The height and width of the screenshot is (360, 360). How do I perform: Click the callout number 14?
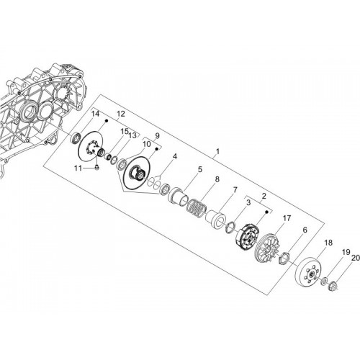[x=95, y=114]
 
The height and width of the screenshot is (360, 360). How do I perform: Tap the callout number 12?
[x=121, y=114]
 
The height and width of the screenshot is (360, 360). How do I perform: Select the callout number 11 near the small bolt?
[x=78, y=168]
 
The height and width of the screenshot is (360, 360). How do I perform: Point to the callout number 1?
[x=217, y=152]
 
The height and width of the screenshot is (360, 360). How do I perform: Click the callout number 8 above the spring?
[x=217, y=179]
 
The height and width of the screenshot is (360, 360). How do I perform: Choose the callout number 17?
[x=287, y=218]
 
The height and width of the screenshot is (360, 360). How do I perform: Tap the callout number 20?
[x=356, y=258]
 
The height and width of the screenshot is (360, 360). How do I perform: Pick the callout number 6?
[x=305, y=230]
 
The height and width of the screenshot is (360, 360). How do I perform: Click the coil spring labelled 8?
[x=196, y=207]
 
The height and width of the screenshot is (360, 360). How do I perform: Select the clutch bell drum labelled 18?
[x=306, y=271]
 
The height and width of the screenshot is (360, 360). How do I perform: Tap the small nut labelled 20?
[x=334, y=285]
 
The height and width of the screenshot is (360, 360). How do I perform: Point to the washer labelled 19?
[x=324, y=281]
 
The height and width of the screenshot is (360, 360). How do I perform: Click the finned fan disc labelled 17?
[x=266, y=249]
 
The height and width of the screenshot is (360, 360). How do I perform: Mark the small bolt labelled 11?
[x=97, y=167]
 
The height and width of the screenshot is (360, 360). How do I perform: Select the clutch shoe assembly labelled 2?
[x=246, y=236]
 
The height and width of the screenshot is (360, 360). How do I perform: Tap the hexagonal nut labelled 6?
[x=284, y=258]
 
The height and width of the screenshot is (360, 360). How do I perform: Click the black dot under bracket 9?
[x=156, y=149]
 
